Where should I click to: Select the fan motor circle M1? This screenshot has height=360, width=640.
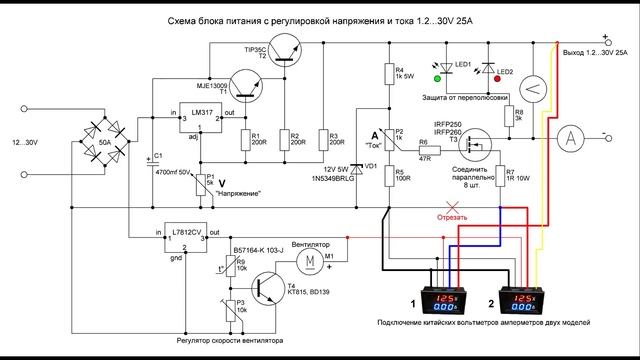click(x=310, y=259)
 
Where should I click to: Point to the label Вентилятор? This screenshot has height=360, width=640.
click(x=310, y=243)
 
